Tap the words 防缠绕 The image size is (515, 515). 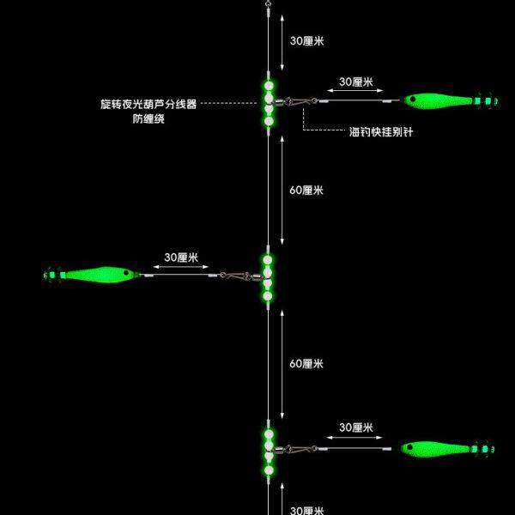[x=148, y=119]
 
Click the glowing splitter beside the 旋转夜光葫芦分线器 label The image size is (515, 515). [x=269, y=103]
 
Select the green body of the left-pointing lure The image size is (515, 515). [x=99, y=275]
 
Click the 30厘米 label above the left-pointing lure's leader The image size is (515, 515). [x=181, y=257]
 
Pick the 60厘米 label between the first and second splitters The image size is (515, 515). [x=306, y=190]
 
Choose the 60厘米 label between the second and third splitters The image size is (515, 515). [x=306, y=364]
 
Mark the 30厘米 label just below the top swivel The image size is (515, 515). [x=307, y=40]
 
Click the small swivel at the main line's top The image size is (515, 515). [x=268, y=6]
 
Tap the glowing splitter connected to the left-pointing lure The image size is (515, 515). [x=268, y=276]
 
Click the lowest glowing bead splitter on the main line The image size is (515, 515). [x=268, y=448]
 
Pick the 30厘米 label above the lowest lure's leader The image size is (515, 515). [x=355, y=427]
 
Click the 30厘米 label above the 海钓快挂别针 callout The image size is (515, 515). [x=355, y=82]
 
